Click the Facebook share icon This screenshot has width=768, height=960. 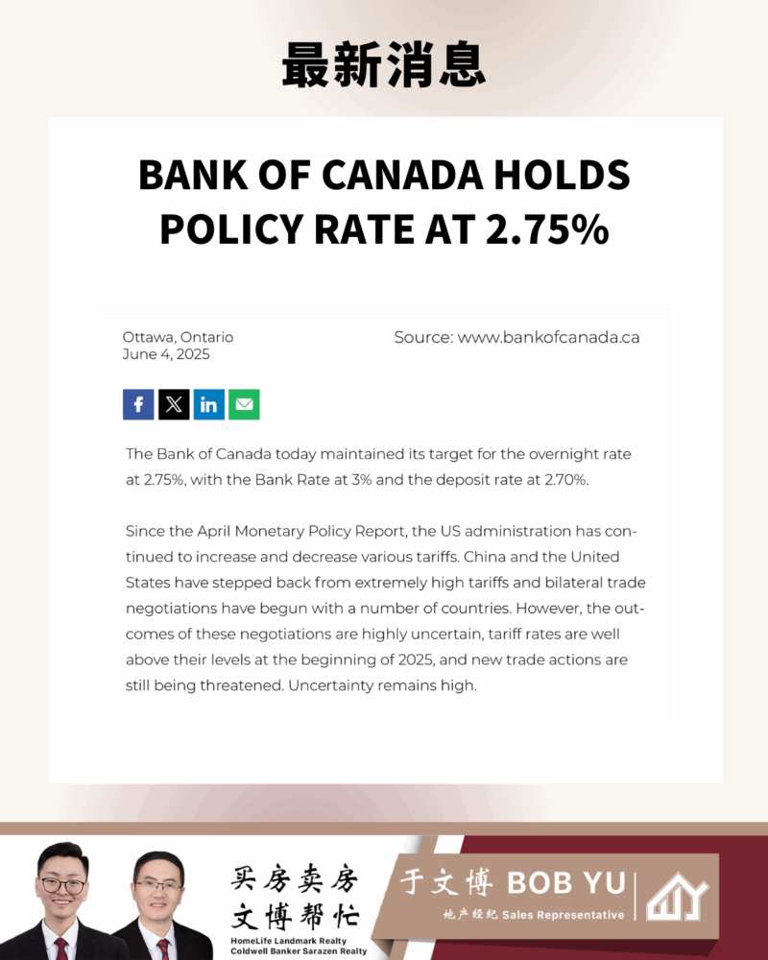(x=138, y=404)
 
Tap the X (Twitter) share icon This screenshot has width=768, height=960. (x=174, y=404)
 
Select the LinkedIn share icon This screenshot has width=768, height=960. (x=209, y=404)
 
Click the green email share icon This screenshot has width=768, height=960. (x=244, y=404)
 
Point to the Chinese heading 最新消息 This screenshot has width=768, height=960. (x=384, y=66)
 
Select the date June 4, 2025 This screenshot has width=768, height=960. (x=166, y=354)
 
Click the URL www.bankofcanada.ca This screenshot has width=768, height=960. (x=548, y=337)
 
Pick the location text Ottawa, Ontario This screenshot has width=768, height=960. (x=178, y=337)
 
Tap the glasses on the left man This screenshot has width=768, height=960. (x=63, y=885)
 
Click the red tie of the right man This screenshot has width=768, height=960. (x=162, y=948)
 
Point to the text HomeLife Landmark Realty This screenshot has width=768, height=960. (x=288, y=940)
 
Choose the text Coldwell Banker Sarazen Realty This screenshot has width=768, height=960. (x=299, y=951)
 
